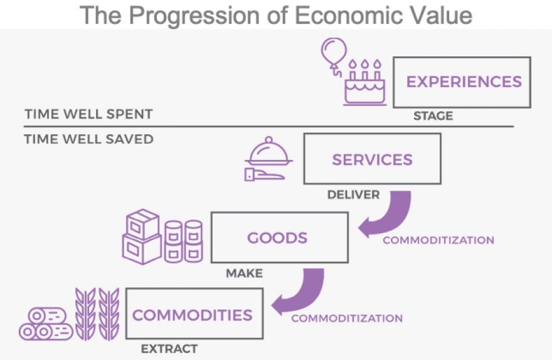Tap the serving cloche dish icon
268,151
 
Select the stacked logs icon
46,324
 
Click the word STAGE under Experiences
433,116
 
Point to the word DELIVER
353,194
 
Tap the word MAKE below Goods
244,273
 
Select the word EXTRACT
169,349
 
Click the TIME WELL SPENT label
88,114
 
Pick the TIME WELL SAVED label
88,139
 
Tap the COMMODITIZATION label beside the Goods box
438,240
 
